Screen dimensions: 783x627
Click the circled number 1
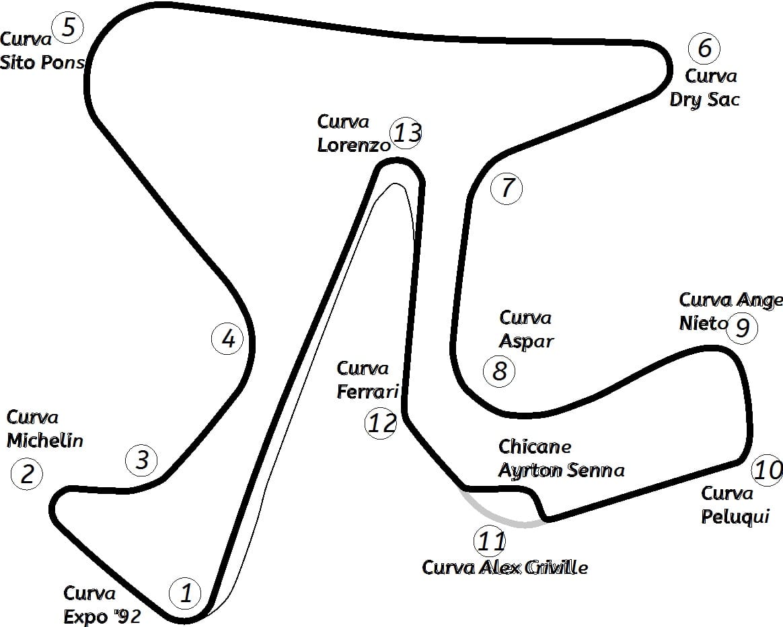[x=185, y=593]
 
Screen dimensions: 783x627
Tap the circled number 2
[x=27, y=473]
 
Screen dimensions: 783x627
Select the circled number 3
[x=141, y=460]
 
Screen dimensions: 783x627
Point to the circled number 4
[x=228, y=339]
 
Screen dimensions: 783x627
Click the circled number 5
[x=69, y=27]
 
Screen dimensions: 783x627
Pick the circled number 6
[x=704, y=48]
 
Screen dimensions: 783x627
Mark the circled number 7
[x=507, y=187]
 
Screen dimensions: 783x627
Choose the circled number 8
[x=499, y=370]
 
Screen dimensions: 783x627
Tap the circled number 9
[x=742, y=328]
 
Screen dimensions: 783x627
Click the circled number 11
[x=490, y=541]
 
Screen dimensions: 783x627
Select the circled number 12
[x=381, y=423]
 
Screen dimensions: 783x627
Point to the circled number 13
[x=406, y=132]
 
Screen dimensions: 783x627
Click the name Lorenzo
[x=354, y=144]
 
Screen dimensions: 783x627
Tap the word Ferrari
[x=367, y=392]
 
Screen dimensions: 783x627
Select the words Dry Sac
[x=704, y=99]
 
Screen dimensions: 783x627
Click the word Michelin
[x=45, y=440]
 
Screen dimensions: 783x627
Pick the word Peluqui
[x=735, y=516]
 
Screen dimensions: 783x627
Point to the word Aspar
[x=526, y=341]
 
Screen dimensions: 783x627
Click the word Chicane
[x=535, y=446]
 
